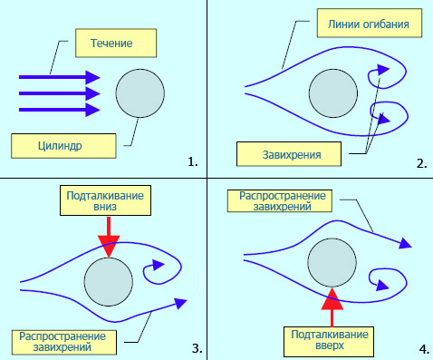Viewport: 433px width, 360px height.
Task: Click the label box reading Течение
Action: coord(116,43)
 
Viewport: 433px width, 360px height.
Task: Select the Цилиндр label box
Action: coord(63,146)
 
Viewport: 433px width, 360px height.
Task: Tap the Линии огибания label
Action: coord(370,23)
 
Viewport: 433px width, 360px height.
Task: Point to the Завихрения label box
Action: coord(289,154)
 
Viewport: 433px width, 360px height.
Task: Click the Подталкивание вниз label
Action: coord(105,200)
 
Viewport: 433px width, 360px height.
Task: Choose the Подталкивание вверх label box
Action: coord(329,342)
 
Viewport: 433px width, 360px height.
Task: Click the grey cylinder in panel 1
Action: coord(140,93)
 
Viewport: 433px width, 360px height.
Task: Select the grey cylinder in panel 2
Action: coord(333,93)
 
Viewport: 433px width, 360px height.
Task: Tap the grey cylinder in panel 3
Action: coord(109,282)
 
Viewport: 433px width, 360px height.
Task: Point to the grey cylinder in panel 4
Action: coord(332,262)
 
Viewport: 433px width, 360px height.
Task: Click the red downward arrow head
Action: coord(109,246)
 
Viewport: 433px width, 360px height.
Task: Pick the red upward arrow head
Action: coord(332,298)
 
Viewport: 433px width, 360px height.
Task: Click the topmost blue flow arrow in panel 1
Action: coord(60,77)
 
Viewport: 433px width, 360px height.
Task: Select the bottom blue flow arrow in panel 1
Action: coord(60,110)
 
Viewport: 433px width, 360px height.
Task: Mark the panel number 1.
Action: coord(193,162)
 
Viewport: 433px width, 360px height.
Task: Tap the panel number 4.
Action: coord(424,349)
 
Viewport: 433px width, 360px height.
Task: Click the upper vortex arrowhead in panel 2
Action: coord(383,69)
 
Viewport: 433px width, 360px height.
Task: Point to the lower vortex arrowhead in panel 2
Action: coord(384,120)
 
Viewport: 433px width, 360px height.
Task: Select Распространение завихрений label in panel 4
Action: coord(280,201)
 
